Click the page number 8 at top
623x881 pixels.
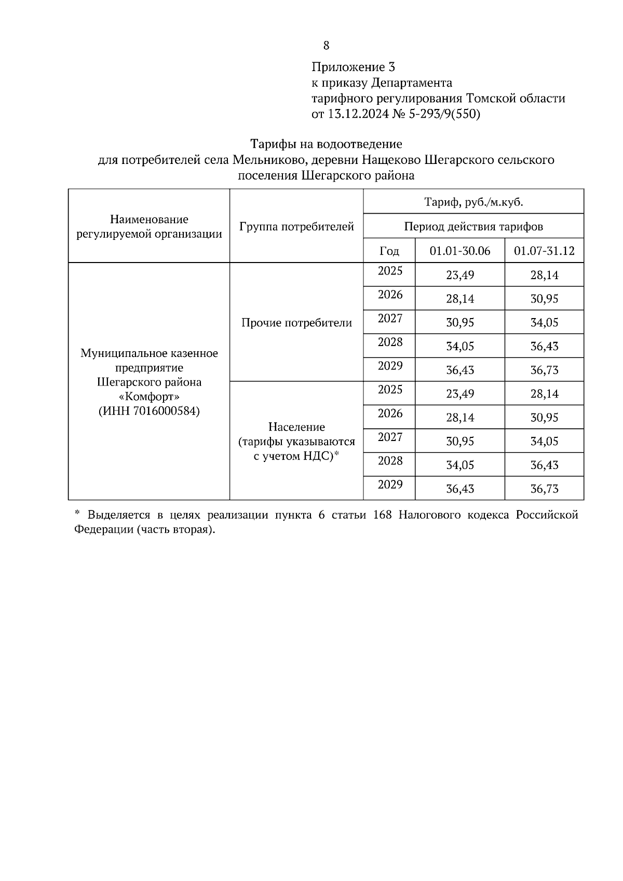click(x=326, y=46)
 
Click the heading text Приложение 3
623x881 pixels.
click(x=353, y=67)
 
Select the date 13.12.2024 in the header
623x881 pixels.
click(x=358, y=114)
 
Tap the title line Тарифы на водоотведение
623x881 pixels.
click(x=326, y=143)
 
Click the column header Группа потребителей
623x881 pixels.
click(x=296, y=227)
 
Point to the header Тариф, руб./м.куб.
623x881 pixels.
click(x=473, y=202)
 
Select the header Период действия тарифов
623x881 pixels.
click(x=473, y=227)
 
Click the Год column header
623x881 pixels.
click(x=389, y=251)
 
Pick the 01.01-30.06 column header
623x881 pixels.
click(x=459, y=251)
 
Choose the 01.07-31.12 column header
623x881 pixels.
click(x=544, y=251)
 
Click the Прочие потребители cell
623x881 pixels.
click(x=296, y=323)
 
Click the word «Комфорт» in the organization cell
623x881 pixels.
click(x=149, y=396)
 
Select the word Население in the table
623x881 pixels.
click(x=296, y=427)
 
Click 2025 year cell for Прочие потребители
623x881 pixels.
click(x=390, y=271)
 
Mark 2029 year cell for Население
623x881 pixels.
click(x=390, y=485)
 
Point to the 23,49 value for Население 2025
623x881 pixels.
click(x=460, y=394)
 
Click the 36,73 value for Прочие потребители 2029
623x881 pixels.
click(x=544, y=370)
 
